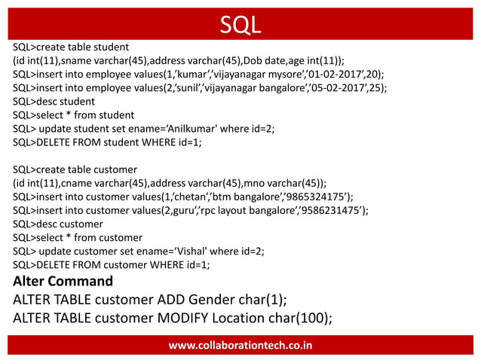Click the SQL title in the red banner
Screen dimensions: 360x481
coord(240,24)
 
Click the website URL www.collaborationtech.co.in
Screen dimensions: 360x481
coord(240,346)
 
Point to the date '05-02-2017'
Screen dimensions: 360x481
coord(351,87)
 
